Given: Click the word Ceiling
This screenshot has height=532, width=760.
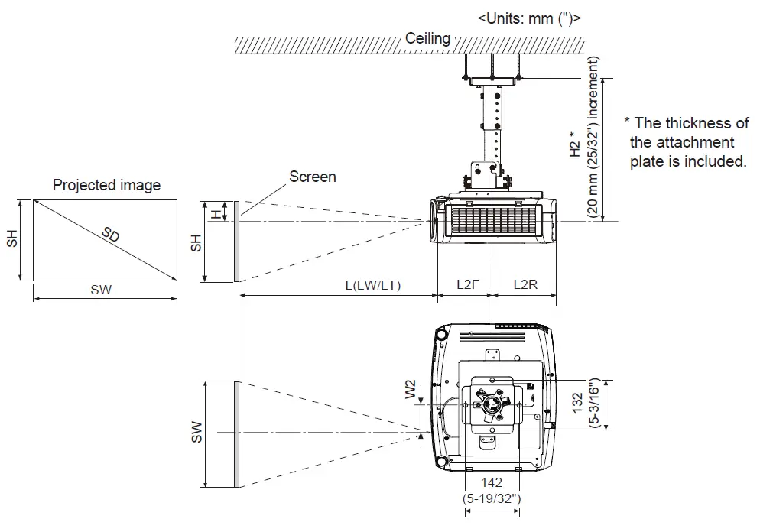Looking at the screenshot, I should pyautogui.click(x=427, y=38).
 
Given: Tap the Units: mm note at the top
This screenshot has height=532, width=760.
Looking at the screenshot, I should pyautogui.click(x=528, y=18).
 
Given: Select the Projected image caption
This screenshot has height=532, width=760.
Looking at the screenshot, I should pyautogui.click(x=106, y=185).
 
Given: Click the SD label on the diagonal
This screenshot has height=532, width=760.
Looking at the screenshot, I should pyautogui.click(x=111, y=235).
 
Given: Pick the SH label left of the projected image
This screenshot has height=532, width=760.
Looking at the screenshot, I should pyautogui.click(x=11, y=241).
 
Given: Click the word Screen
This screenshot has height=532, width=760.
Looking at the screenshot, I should pyautogui.click(x=312, y=177).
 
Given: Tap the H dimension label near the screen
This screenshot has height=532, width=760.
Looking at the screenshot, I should pyautogui.click(x=216, y=213).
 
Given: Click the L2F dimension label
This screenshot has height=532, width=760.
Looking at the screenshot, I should pyautogui.click(x=467, y=284).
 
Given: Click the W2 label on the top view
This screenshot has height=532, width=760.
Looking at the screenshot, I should pyautogui.click(x=411, y=391).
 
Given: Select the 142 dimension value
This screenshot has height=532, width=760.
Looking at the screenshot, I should pyautogui.click(x=492, y=483).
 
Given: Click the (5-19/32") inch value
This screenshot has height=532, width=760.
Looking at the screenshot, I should pyautogui.click(x=492, y=498).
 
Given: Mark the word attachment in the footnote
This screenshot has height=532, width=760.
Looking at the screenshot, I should pyautogui.click(x=682, y=142).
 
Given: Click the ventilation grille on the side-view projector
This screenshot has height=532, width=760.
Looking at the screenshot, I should pyautogui.click(x=492, y=222).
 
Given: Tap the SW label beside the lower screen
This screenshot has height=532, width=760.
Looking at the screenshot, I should pyautogui.click(x=196, y=433).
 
